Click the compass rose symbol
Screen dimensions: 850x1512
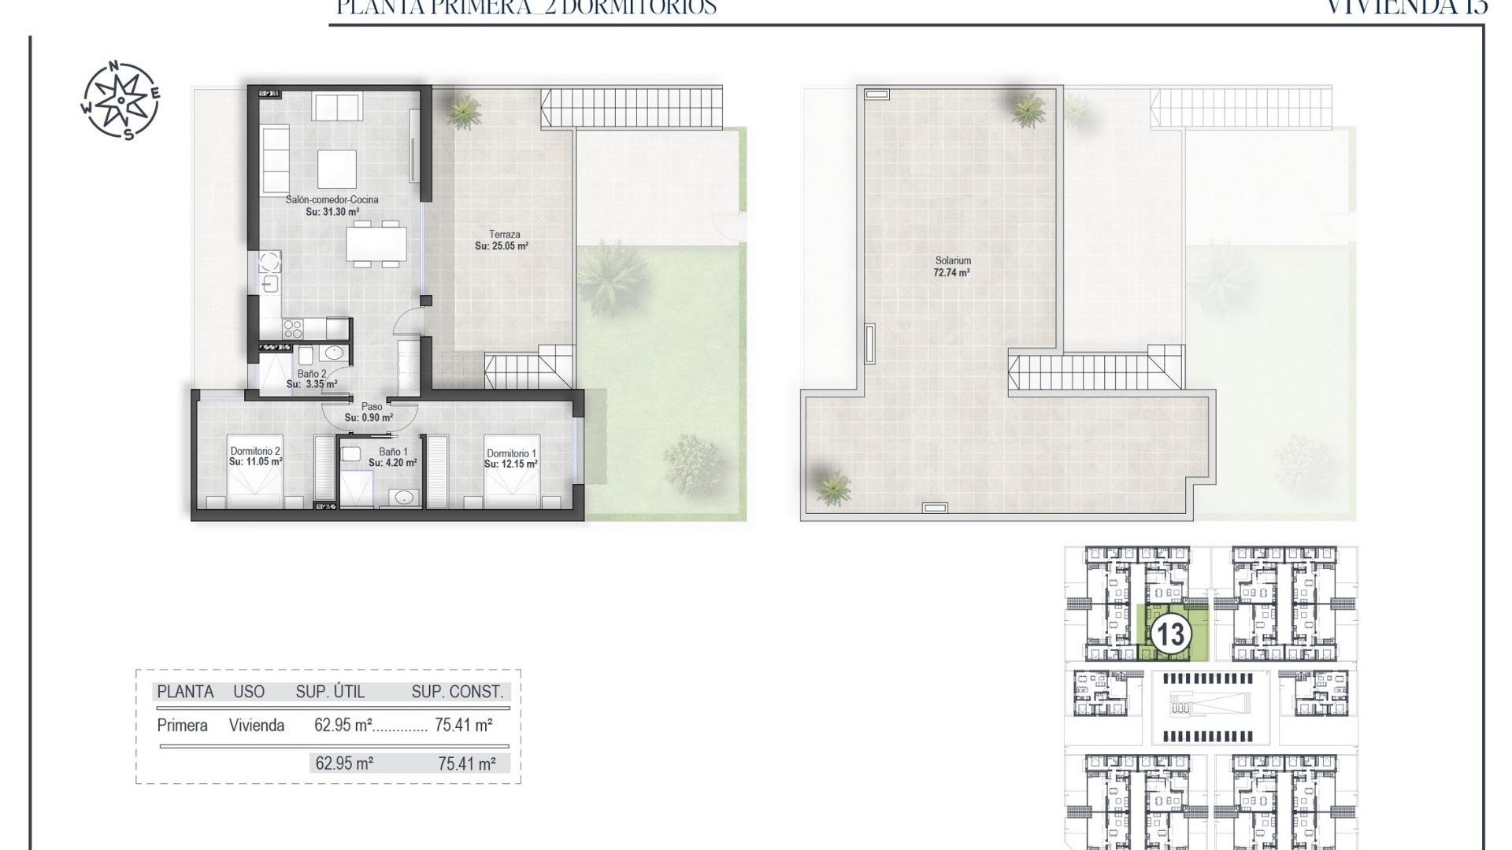click(x=120, y=100)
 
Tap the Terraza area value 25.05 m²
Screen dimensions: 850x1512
click(x=502, y=246)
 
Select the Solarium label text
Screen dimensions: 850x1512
click(x=953, y=261)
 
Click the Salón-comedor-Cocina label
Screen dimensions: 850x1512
click(x=332, y=200)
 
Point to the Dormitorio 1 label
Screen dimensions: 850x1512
click(x=511, y=453)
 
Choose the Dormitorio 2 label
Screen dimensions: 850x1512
click(x=255, y=451)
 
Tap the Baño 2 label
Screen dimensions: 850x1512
click(x=312, y=374)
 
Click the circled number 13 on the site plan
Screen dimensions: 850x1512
click(x=1170, y=634)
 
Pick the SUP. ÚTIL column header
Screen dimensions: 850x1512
click(x=330, y=692)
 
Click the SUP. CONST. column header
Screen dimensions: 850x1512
click(x=457, y=692)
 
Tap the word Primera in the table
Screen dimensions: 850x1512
click(x=182, y=726)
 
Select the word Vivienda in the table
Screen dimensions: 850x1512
click(x=257, y=726)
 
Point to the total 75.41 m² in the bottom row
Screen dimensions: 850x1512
click(x=467, y=763)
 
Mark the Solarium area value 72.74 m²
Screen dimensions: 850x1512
click(x=951, y=273)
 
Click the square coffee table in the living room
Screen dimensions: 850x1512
click(x=337, y=168)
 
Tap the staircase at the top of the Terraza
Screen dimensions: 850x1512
click(x=631, y=108)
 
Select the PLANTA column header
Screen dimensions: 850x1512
click(x=185, y=692)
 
